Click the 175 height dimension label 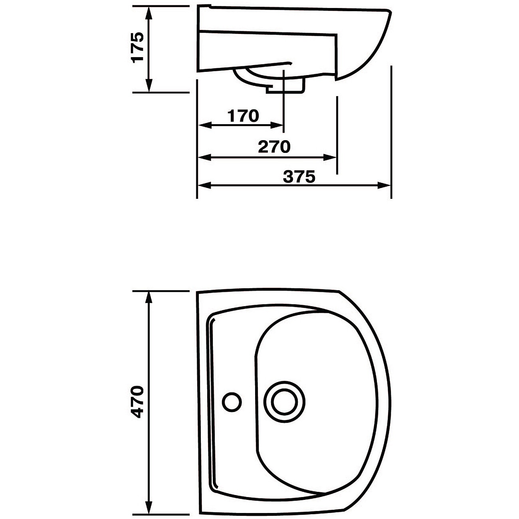click(137, 48)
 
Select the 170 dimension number click(243, 116)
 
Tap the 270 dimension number click(274, 147)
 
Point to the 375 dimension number click(299, 177)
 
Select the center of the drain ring click(284, 402)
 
